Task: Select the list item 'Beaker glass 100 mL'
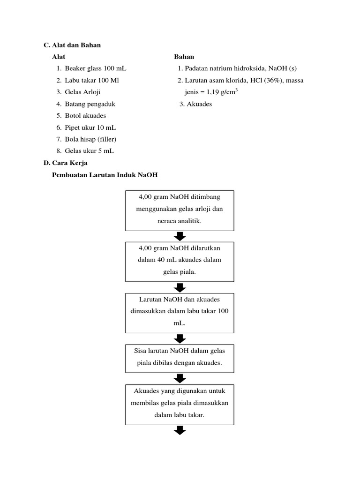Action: coord(96,68)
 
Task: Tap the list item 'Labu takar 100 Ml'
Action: coord(92,80)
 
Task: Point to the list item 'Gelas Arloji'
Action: coord(82,92)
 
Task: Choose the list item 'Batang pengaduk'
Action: coord(90,104)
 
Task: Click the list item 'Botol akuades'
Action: coord(85,115)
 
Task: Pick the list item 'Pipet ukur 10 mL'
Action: coord(90,127)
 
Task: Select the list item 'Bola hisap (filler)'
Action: coord(90,139)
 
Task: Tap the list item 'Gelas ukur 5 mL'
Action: coord(90,151)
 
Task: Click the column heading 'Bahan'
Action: coord(184,57)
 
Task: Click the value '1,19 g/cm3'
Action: coord(219,92)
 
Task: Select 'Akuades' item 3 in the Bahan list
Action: coord(199,104)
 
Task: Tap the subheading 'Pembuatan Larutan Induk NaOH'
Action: coord(105,175)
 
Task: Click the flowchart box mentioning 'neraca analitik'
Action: coord(180,210)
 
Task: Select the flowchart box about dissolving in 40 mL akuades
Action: coord(180,262)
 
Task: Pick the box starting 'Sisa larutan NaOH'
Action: coord(180,357)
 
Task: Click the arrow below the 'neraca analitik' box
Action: coord(180,236)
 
